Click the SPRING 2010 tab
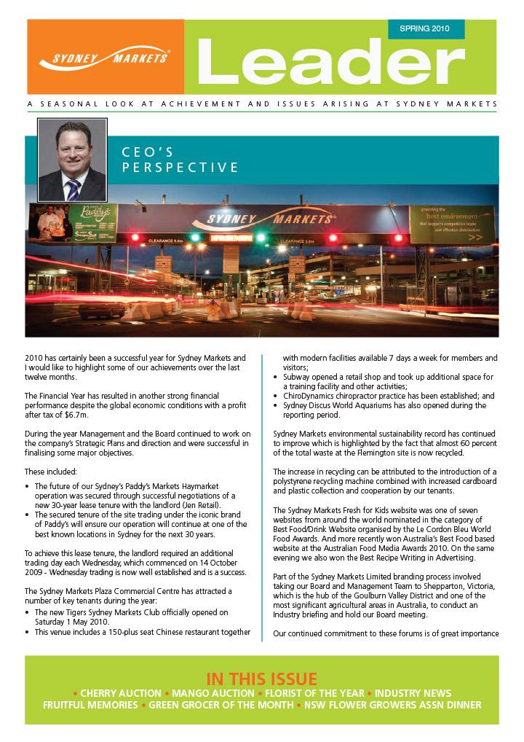(424, 29)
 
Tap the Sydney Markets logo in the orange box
(105, 58)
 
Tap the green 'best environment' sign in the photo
(451, 224)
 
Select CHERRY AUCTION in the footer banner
(121, 693)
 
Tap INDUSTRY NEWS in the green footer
(413, 693)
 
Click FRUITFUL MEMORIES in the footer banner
(90, 706)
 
